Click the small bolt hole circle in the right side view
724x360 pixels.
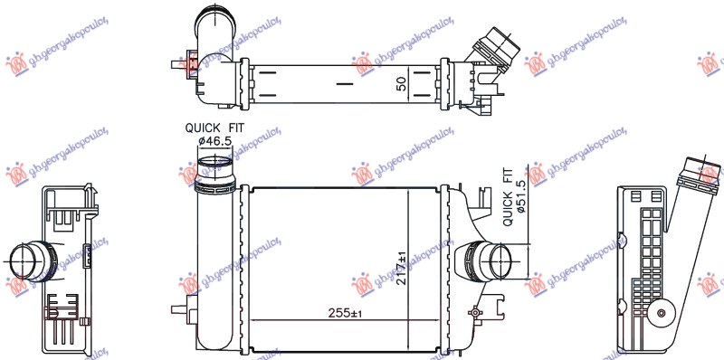(662, 316)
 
